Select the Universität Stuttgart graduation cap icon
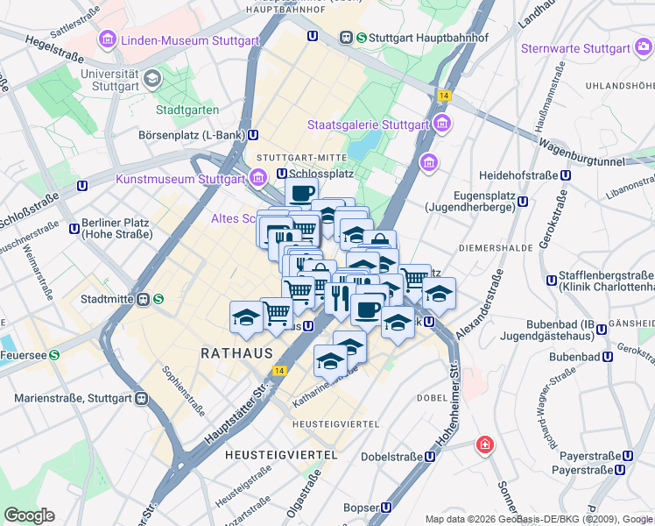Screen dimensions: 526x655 [153, 80]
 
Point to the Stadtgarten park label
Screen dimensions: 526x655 [187, 110]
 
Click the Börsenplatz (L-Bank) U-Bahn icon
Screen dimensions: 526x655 [253, 135]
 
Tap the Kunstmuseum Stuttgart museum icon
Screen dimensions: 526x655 [257, 179]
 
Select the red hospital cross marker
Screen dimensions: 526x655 [484, 445]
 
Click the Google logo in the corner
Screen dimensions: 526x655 [29, 515]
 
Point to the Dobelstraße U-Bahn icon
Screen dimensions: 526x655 [430, 457]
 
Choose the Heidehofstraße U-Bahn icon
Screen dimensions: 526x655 [565, 174]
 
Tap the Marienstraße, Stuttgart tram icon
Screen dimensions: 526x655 [142, 398]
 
